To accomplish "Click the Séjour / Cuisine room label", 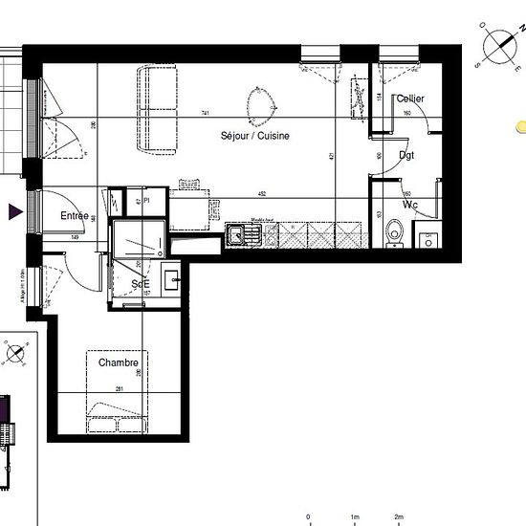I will (x=257, y=137).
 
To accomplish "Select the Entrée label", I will (x=75, y=216).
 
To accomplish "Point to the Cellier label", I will (x=411, y=99).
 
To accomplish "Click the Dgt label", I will (x=406, y=155).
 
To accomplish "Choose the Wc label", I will (x=410, y=205).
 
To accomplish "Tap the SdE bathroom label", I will (x=141, y=284).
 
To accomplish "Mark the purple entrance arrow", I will (x=15, y=213).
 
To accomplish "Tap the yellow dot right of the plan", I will (x=520, y=125).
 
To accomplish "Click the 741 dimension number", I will (x=206, y=114).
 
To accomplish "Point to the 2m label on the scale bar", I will (x=400, y=517).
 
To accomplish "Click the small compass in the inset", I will (x=16, y=355).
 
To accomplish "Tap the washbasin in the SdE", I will (x=173, y=280).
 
